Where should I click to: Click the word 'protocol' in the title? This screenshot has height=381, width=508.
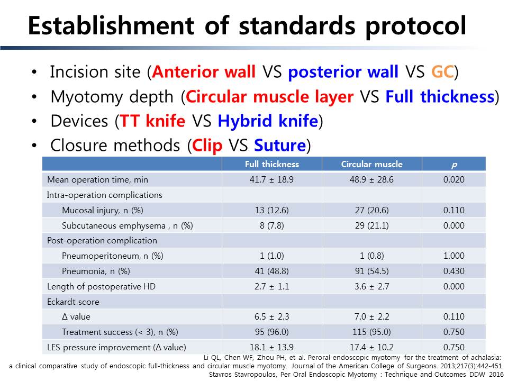[x=416, y=26]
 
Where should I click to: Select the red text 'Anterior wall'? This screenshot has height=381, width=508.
[x=204, y=71]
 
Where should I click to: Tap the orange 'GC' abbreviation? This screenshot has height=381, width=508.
[x=442, y=71]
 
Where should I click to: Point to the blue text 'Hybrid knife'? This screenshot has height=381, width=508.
[x=268, y=121]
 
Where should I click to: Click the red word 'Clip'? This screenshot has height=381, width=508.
[x=207, y=145]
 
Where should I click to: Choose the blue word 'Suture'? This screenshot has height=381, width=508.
[x=280, y=145]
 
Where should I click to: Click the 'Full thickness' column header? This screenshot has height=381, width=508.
[x=272, y=164]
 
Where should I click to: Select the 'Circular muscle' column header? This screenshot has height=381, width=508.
[x=371, y=164]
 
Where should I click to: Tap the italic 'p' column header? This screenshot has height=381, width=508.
[x=454, y=165]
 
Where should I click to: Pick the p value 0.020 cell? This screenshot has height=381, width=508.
[x=453, y=179]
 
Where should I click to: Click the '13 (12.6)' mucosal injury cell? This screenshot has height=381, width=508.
[x=272, y=210]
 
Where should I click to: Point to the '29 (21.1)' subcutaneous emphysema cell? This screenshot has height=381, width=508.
[x=371, y=225]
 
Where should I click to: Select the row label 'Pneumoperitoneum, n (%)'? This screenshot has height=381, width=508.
[x=112, y=256]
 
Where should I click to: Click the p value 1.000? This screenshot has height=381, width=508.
[x=453, y=256]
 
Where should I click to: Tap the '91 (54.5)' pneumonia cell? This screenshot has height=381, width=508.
[x=371, y=271]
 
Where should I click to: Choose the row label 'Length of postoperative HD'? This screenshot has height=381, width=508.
[x=101, y=287]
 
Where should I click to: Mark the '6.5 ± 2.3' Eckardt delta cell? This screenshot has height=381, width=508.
[x=272, y=316]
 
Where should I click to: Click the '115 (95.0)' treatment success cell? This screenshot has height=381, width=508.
[x=371, y=332]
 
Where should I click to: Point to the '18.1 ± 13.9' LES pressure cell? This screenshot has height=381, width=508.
[x=272, y=347]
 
